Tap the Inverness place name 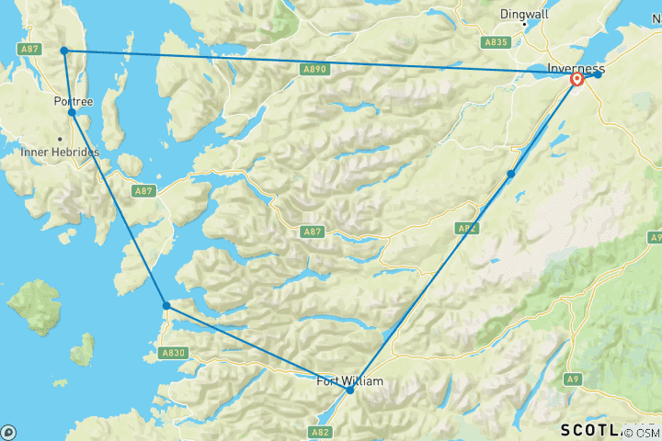pos(576,68)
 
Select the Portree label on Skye pos(74,101)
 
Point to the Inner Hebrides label pos(60,152)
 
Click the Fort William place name pos(348,381)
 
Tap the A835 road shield pos(497,42)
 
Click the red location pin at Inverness pos(577,80)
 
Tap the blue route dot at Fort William pos(350,390)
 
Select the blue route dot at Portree pos(72,112)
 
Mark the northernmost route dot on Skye pos(64,51)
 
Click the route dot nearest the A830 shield pos(166,305)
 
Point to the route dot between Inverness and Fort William pos(510,174)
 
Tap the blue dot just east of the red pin pos(598,74)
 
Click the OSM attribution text pos(647,432)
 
